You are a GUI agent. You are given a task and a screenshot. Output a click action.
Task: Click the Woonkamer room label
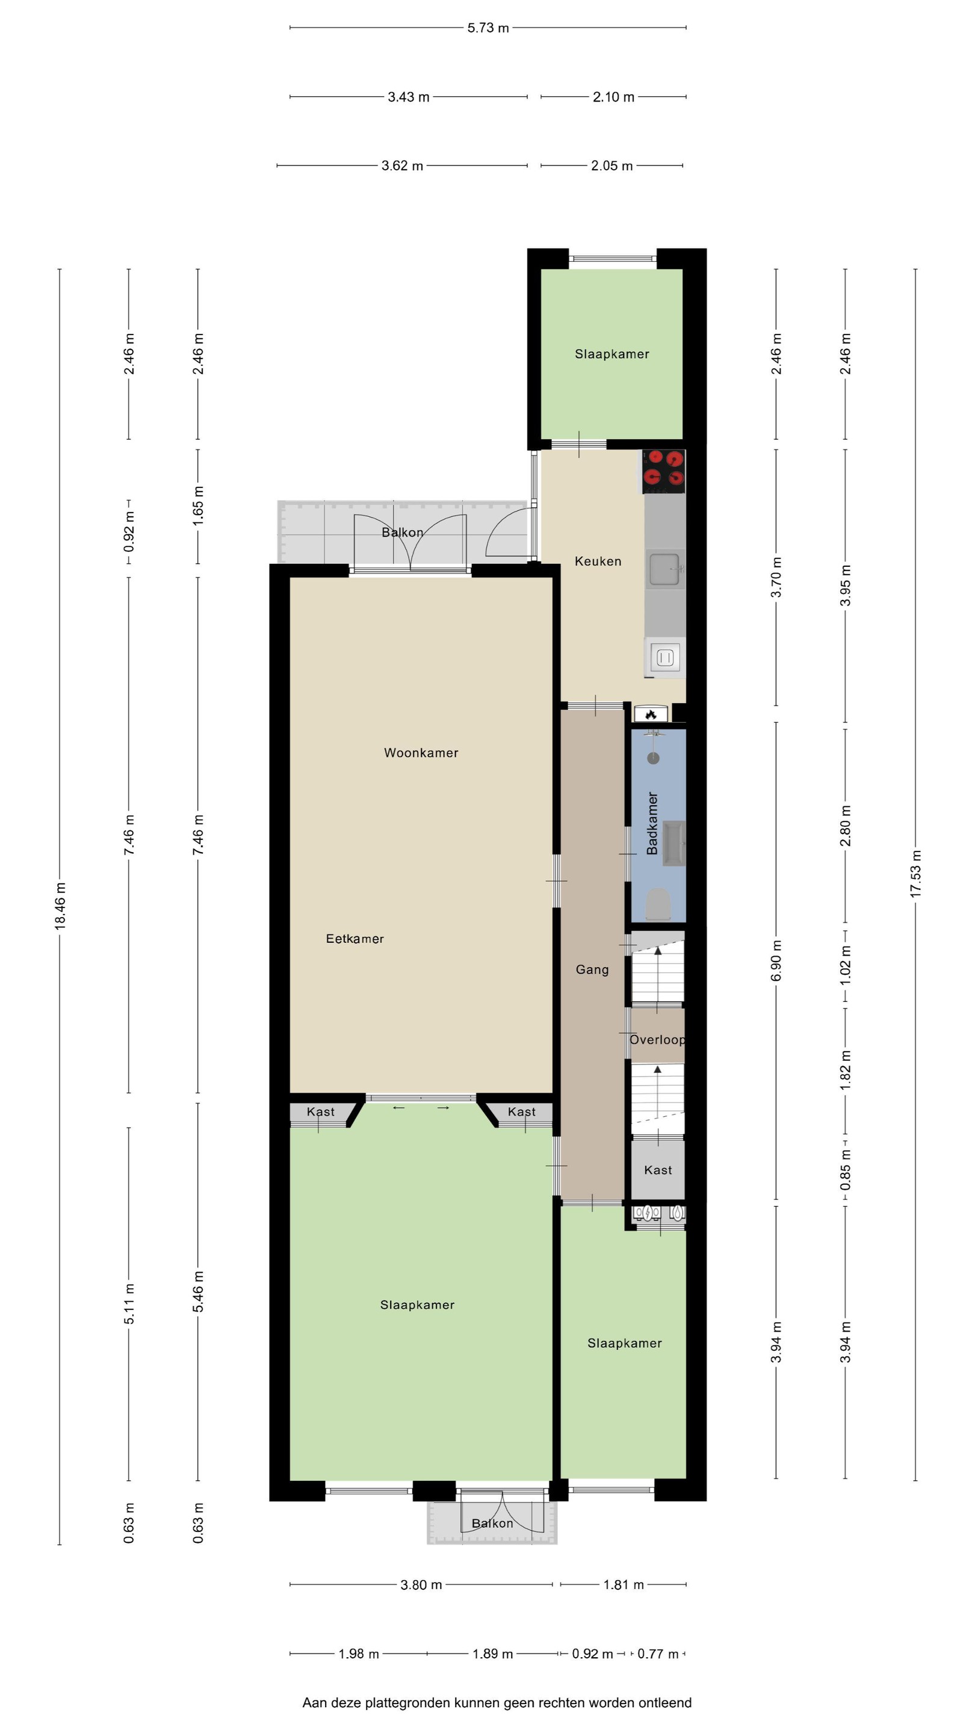pos(421,753)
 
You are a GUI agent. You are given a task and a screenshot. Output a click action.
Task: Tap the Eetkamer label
pos(354,939)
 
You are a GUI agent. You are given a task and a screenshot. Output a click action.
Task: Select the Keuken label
pos(598,561)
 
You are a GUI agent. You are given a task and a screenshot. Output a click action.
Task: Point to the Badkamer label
pos(651,823)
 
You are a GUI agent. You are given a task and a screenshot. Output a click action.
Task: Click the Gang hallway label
pos(592,969)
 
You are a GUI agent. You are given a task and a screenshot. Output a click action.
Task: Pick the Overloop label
pos(657,1039)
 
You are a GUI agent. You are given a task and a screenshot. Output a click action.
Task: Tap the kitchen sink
pos(665,569)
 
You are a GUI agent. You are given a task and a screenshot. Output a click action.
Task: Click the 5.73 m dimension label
pos(488,28)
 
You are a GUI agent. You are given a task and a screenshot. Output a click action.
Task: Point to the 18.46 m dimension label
pos(60,906)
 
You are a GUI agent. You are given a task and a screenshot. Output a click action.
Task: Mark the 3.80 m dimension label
pos(421,1584)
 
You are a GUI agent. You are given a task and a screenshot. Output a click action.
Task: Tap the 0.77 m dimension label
pos(658,1654)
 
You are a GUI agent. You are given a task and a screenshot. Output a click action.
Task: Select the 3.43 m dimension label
pos(409,97)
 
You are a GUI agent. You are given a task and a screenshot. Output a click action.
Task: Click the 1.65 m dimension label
pos(198,506)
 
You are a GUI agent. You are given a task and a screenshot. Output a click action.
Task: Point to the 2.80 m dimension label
pos(845,826)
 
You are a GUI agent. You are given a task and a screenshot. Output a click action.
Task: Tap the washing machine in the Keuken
pos(665,657)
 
